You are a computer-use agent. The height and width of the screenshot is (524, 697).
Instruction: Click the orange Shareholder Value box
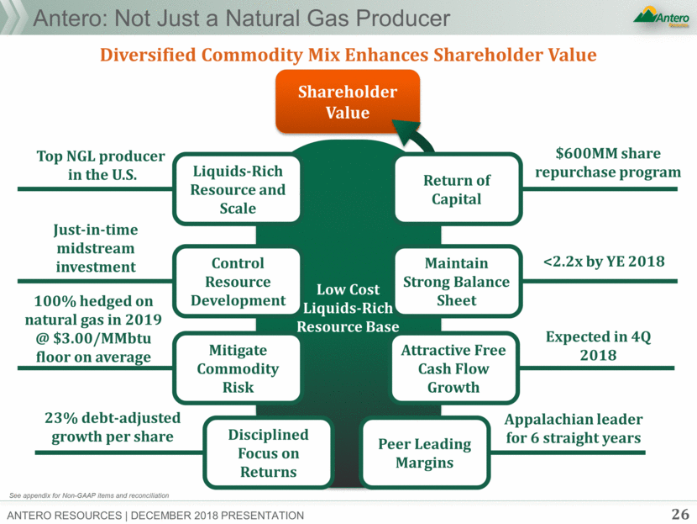click(348, 102)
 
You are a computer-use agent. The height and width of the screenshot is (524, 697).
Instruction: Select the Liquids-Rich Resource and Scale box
click(238, 189)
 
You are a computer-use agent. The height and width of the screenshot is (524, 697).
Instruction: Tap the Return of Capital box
click(457, 189)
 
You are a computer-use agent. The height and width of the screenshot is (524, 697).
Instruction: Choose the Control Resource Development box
click(238, 282)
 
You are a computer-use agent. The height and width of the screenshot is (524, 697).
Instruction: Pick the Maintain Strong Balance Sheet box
click(457, 282)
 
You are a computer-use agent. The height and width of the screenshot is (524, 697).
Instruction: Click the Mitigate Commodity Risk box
click(238, 368)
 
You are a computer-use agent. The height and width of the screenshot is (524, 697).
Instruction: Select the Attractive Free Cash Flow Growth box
click(453, 368)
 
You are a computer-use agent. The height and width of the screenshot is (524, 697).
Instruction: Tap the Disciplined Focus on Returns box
click(269, 453)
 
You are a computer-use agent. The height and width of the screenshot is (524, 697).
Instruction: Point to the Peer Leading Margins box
click(425, 453)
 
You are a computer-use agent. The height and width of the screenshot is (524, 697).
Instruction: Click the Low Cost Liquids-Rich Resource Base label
click(348, 308)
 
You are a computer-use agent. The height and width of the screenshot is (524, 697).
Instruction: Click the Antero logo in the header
click(662, 17)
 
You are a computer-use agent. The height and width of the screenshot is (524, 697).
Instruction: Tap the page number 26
click(680, 514)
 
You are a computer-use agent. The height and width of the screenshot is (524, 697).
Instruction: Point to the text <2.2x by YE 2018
click(604, 262)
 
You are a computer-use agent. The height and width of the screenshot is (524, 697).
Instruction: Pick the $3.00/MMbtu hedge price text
click(102, 338)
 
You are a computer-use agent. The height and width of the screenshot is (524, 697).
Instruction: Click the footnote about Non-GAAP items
click(89, 495)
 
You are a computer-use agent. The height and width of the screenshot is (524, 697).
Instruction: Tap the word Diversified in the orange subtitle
click(148, 55)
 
